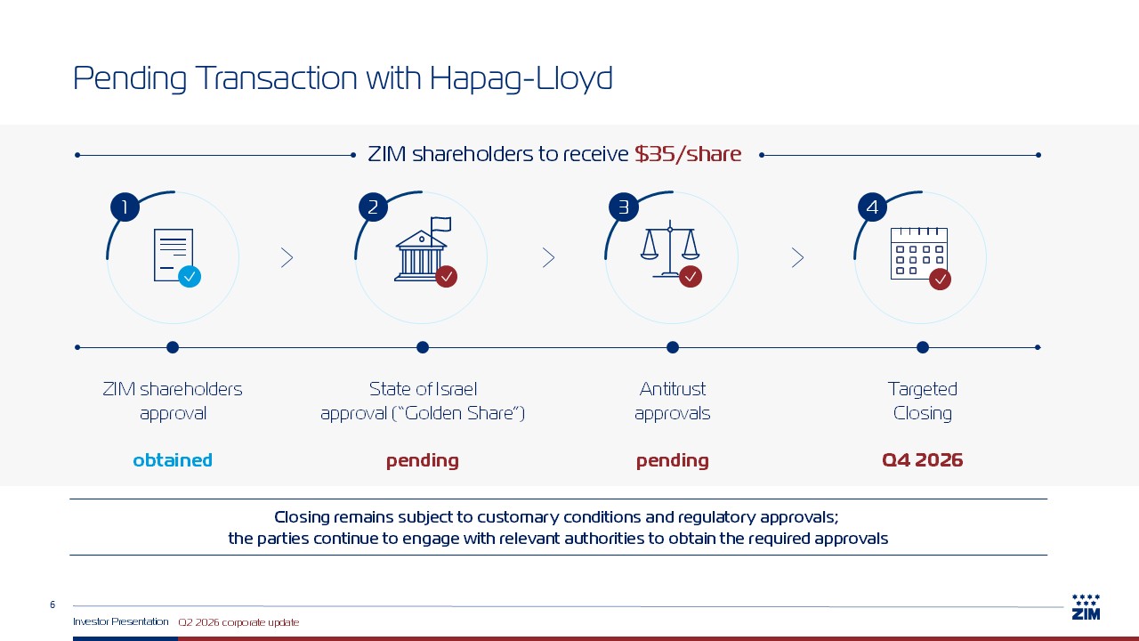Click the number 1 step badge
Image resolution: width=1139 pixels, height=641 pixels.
pos(125,207)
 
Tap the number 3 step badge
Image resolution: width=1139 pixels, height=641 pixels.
pos(624,207)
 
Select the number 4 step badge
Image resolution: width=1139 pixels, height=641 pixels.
pos(873,207)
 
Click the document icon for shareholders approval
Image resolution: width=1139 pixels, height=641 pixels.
pos(174,256)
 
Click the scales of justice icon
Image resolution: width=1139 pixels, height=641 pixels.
pos(670,249)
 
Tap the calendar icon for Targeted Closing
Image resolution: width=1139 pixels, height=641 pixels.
pos(919,254)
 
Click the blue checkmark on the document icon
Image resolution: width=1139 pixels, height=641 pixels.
pos(190,277)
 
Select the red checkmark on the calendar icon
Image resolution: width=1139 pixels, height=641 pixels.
pos(941,280)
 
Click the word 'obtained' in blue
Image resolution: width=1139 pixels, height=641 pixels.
pos(173,460)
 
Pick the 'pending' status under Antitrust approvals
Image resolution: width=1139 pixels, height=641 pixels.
pos(672,461)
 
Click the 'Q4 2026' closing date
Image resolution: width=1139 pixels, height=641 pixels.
pos(923,460)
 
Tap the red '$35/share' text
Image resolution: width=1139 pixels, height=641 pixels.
pos(688,154)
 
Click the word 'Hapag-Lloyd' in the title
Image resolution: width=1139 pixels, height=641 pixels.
pos(521,78)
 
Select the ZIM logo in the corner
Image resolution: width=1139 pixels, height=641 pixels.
pos(1086,607)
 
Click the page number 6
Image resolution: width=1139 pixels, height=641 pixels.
pos(53,604)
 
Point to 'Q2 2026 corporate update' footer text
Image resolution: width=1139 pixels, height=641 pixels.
pos(238,622)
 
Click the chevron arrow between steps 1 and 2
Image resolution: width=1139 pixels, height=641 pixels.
pos(287,258)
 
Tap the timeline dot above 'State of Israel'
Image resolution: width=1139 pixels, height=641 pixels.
pos(423,347)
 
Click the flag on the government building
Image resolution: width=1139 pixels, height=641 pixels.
pos(440,224)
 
